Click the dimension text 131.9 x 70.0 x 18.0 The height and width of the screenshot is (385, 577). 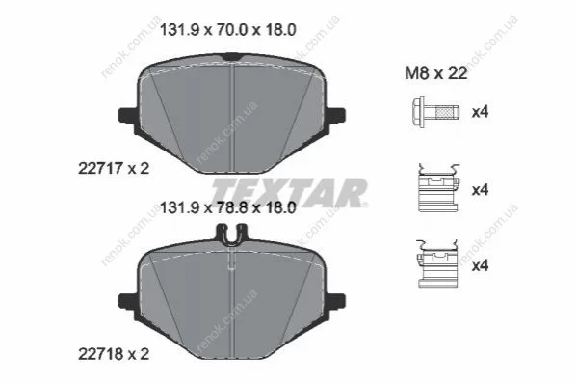pyautogui.click(x=227, y=30)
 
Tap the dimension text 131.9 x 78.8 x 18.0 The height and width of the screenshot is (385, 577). pyautogui.click(x=227, y=208)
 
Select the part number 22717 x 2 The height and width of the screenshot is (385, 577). pyautogui.click(x=114, y=169)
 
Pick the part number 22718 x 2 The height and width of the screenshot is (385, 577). pyautogui.click(x=114, y=355)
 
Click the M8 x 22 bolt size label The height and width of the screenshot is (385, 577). pyautogui.click(x=436, y=73)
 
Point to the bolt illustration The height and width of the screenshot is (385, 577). pyautogui.click(x=435, y=112)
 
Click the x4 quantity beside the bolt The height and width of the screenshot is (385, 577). pyautogui.click(x=480, y=112)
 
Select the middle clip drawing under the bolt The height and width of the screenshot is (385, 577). pyautogui.click(x=438, y=188)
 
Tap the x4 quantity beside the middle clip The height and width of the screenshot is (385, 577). pyautogui.click(x=480, y=190)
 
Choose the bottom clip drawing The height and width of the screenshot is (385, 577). pyautogui.click(x=437, y=263)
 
